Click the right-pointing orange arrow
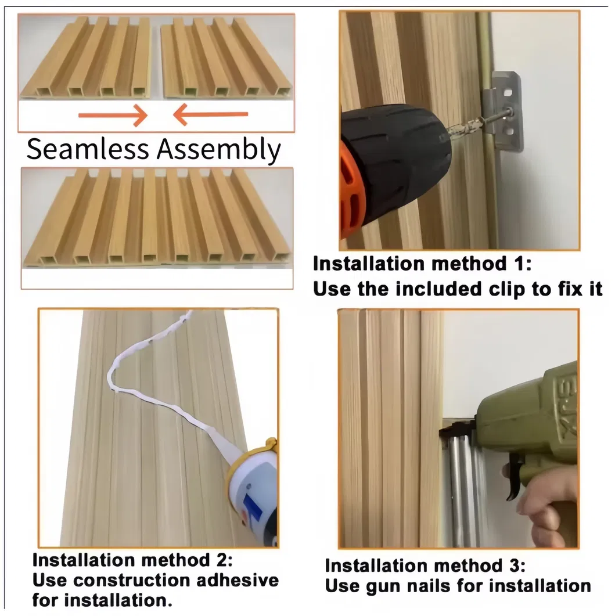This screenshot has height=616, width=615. [113, 116]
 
